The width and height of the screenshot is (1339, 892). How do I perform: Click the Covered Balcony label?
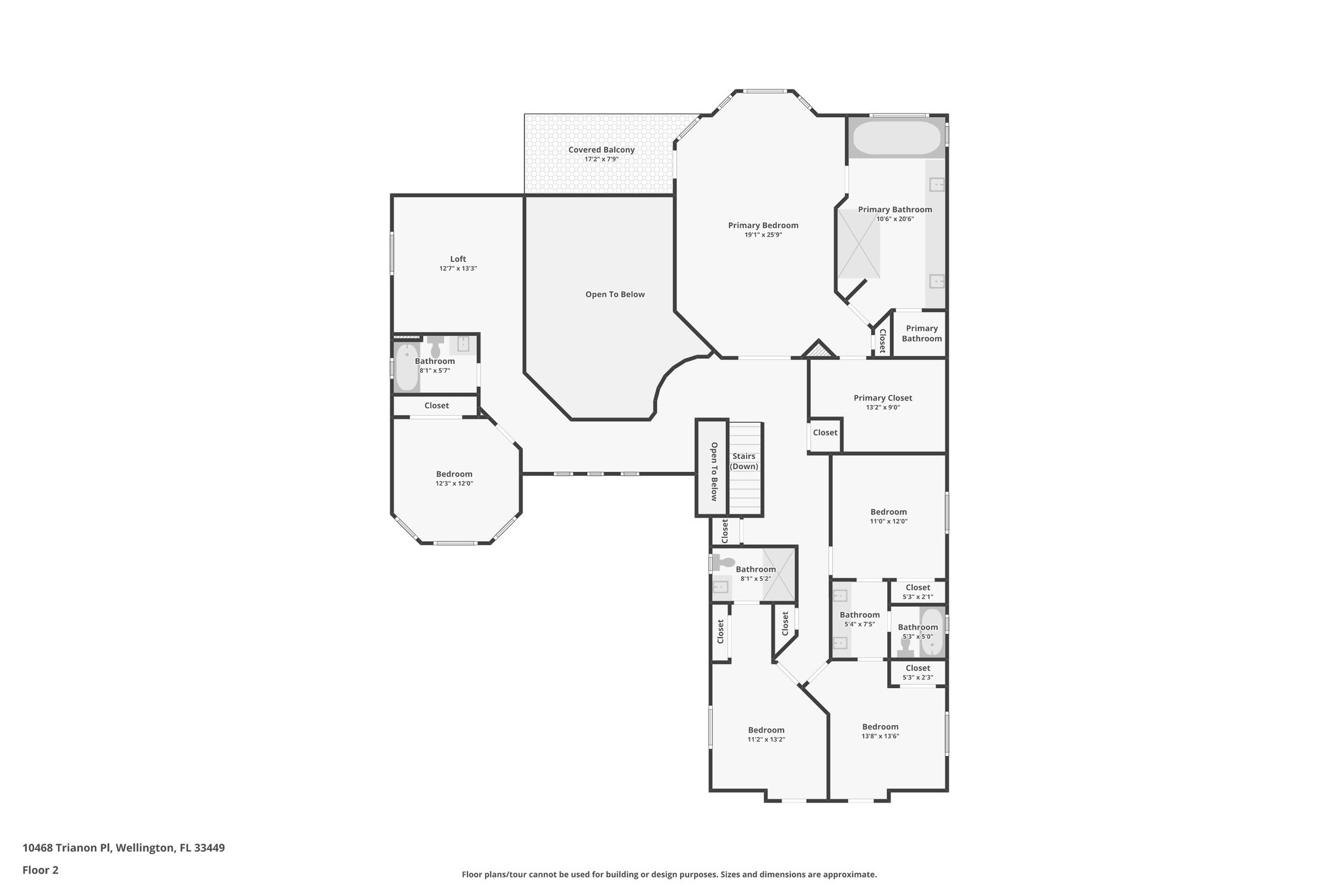pos(601,150)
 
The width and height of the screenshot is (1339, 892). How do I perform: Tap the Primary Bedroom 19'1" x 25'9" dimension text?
pos(763,235)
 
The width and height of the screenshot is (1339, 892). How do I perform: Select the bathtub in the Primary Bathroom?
pos(896,138)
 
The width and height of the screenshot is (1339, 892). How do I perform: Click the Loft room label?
pos(458,259)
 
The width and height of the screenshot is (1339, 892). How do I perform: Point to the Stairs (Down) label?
pos(744,461)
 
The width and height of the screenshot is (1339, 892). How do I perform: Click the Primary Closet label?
pos(883,398)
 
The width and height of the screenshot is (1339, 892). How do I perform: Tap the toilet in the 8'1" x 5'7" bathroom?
pos(435,347)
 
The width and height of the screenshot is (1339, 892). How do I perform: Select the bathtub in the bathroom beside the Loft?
pos(407,367)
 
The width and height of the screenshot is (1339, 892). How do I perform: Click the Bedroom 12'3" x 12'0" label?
pos(454,474)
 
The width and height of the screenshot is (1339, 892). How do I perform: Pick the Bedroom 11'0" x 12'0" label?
pos(889,512)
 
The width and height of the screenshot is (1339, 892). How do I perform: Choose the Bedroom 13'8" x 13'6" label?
pos(880,727)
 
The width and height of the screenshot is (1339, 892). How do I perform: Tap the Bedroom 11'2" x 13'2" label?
pos(766,730)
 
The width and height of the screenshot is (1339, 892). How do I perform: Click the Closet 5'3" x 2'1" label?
pos(917,588)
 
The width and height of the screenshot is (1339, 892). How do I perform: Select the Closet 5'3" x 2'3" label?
pos(917,669)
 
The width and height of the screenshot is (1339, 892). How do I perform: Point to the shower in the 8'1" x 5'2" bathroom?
pos(780,574)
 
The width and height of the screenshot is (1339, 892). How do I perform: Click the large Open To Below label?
pos(615,295)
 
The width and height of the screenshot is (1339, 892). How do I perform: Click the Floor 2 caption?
pos(41,870)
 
